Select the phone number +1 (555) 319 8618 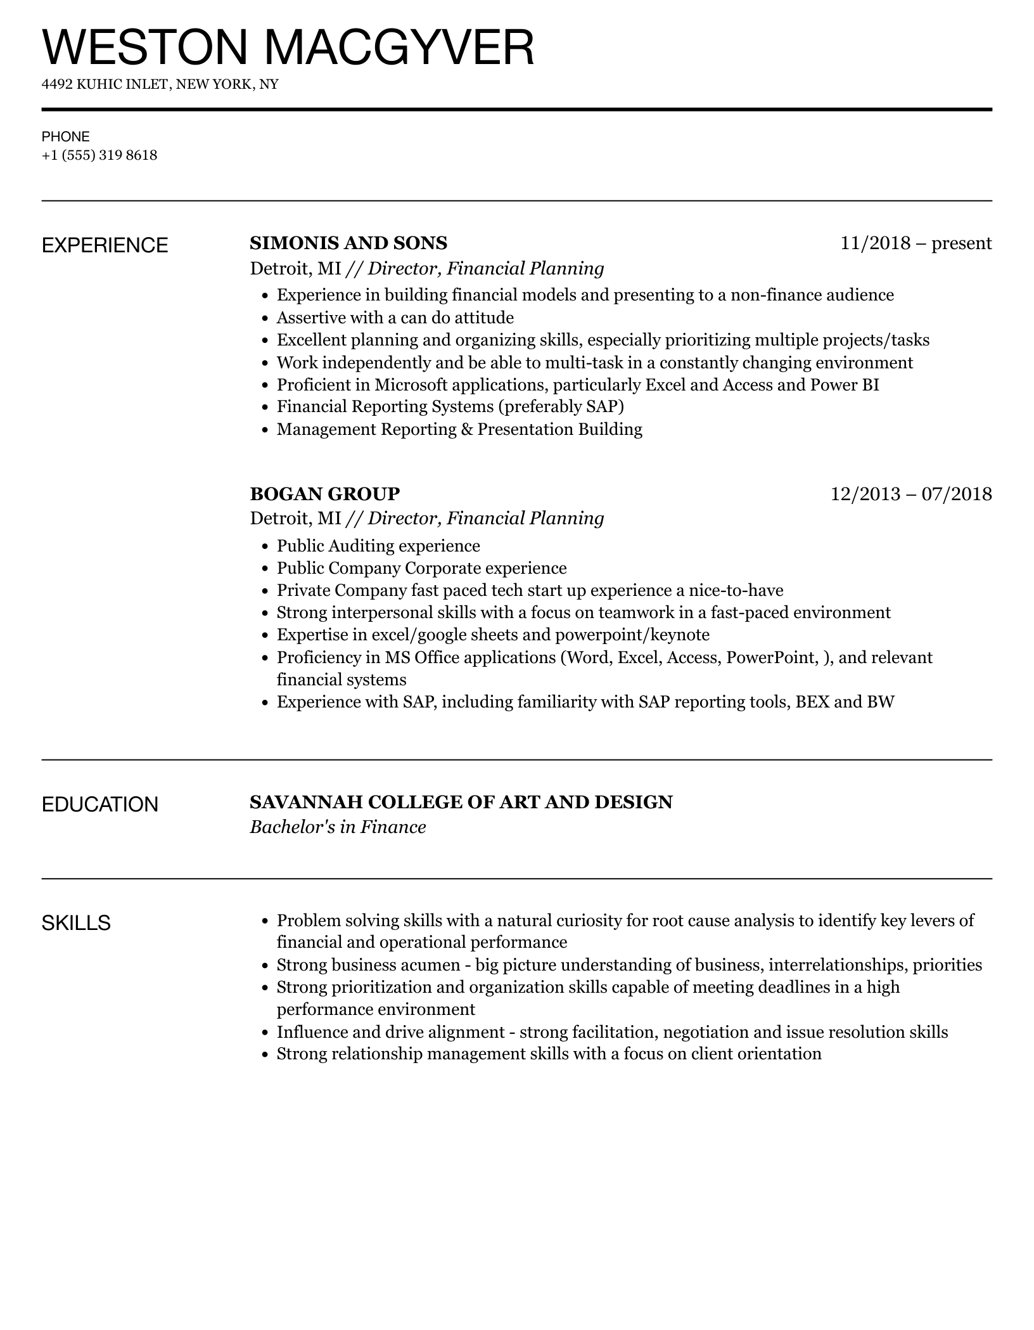99,155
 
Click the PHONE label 66,137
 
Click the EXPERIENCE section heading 105,245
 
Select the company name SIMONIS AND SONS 348,243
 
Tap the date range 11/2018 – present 916,243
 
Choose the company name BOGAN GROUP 325,493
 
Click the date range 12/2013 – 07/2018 911,493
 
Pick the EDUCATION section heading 100,804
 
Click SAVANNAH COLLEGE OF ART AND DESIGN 461,802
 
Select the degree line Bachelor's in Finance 338,827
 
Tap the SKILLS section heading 76,923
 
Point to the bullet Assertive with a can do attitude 395,318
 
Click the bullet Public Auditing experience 378,546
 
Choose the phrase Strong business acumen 368,965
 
